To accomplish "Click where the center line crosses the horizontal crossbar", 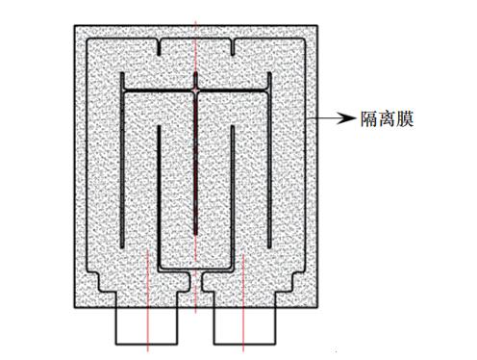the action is pos(195,91).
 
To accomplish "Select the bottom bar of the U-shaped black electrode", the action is pos(195,267).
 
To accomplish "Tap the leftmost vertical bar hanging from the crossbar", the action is pos(122,164).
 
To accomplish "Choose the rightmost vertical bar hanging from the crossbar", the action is pos(268,164).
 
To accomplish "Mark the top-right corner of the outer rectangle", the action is pos(319,23).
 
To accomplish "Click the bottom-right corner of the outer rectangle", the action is pos(319,308).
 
